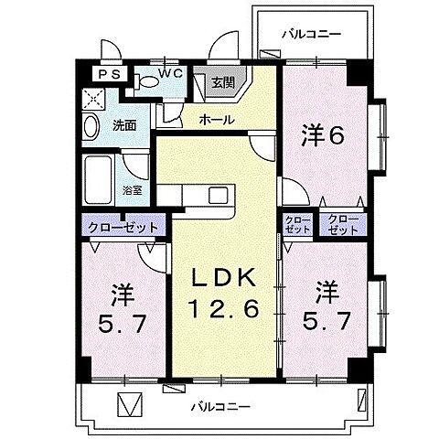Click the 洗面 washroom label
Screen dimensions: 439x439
click(124, 125)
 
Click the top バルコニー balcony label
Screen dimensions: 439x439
click(310, 33)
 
